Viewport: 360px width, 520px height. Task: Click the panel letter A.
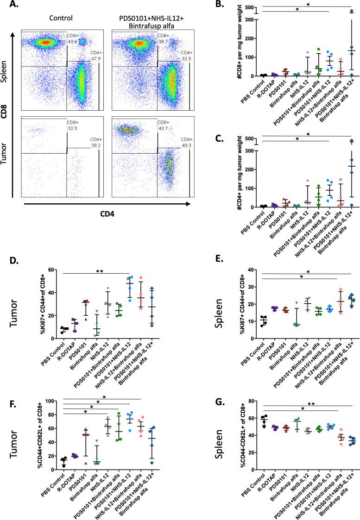[x=7, y=5]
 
